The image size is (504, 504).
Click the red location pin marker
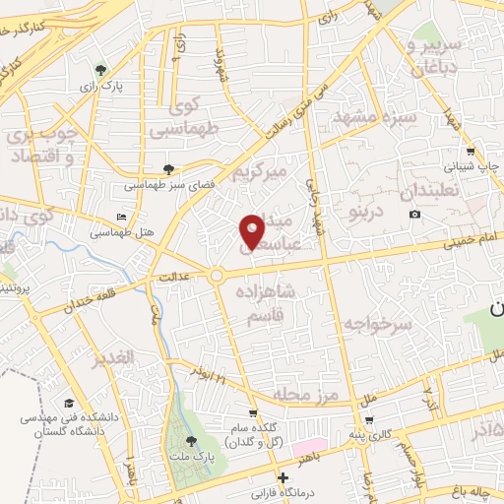coord(252,229)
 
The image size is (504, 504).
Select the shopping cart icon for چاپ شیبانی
coord(471,152)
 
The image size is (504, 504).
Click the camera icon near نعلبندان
coord(415,215)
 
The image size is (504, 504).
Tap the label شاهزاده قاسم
coord(267,301)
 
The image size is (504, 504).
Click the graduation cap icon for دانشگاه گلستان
coord(69,404)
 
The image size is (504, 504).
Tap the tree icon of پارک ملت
coord(191,441)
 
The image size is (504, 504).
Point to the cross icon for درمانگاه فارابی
coord(283,477)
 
